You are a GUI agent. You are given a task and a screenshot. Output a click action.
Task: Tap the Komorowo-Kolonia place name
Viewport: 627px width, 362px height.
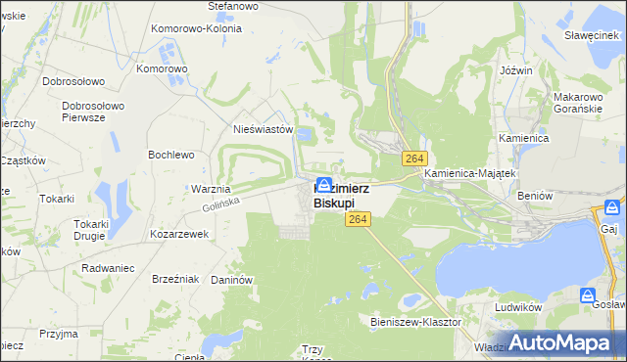pyautogui.click(x=197, y=29)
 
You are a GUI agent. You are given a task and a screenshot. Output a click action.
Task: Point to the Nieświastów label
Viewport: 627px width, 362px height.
pyautogui.click(x=264, y=128)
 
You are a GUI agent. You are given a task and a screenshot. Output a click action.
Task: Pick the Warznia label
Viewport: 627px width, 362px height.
pyautogui.click(x=211, y=189)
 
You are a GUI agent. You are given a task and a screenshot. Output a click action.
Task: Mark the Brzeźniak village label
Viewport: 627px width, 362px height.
pyautogui.click(x=176, y=279)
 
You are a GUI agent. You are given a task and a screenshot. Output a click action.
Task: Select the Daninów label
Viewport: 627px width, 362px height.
pyautogui.click(x=232, y=280)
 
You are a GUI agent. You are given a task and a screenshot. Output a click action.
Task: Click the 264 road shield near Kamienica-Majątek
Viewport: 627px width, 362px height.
pyautogui.click(x=412, y=158)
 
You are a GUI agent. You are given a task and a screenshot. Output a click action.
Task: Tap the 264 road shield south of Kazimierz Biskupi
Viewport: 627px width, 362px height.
pyautogui.click(x=356, y=223)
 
